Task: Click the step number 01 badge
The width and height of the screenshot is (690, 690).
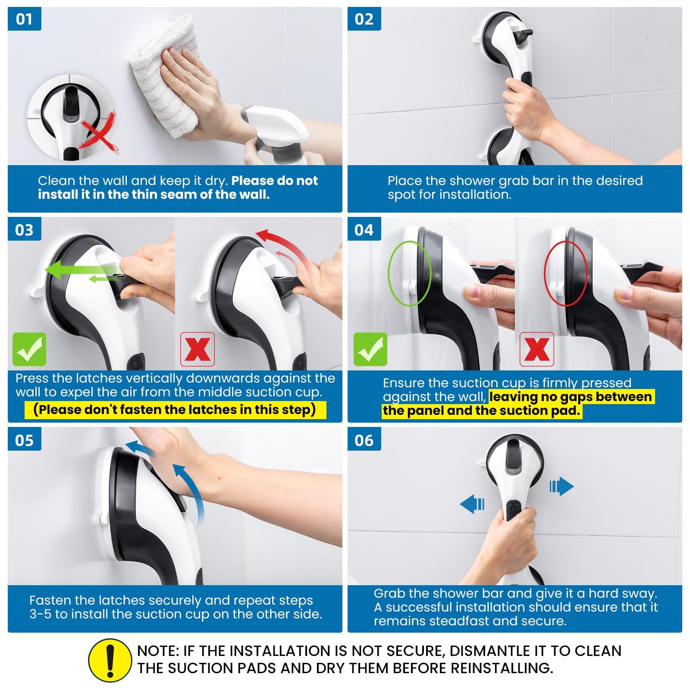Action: pyautogui.click(x=25, y=19)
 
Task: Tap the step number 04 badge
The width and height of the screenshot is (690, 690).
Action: pyautogui.click(x=364, y=230)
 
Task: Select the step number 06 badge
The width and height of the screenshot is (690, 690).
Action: pyautogui.click(x=364, y=440)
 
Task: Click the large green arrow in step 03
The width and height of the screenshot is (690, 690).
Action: pyautogui.click(x=84, y=270)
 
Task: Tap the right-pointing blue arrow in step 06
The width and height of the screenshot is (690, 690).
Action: pyautogui.click(x=561, y=487)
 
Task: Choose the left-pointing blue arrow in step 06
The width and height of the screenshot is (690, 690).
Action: pyautogui.click(x=472, y=504)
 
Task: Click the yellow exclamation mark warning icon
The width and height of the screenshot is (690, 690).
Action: pyautogui.click(x=110, y=660)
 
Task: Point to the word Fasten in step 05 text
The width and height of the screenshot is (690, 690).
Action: pyautogui.click(x=50, y=600)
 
